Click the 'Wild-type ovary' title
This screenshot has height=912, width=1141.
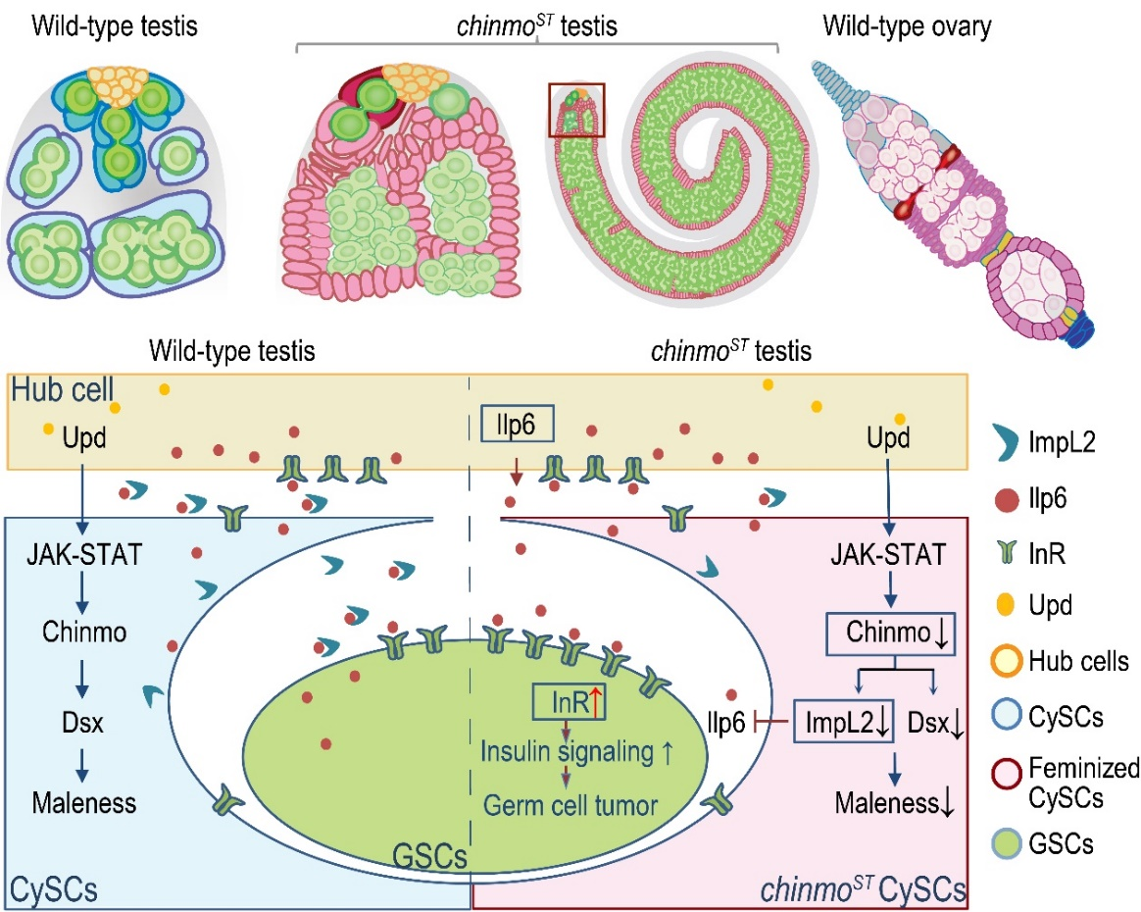click(906, 26)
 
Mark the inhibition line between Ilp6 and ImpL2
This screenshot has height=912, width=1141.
click(771, 727)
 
